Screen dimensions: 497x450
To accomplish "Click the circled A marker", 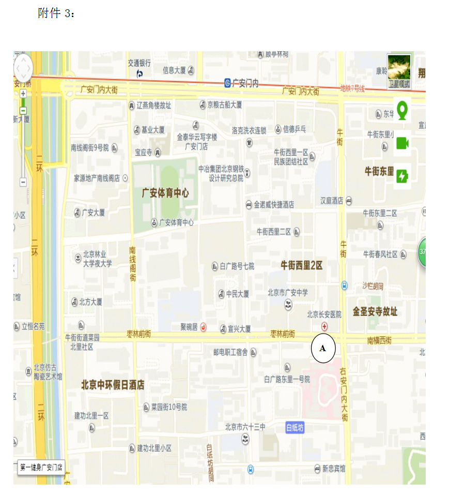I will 323,349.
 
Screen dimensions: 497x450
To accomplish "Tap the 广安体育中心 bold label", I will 165,193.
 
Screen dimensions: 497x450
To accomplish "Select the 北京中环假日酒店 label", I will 113,385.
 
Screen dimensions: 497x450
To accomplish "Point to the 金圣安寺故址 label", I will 375,311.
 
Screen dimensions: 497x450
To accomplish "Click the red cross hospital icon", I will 324,326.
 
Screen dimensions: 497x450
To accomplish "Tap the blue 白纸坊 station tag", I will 295,428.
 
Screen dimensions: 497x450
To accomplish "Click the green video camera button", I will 402,144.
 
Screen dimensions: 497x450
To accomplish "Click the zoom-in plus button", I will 23,94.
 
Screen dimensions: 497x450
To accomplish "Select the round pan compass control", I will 23,67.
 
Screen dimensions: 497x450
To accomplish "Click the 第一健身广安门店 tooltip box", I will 41,468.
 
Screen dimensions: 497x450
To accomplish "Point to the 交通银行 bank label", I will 139,63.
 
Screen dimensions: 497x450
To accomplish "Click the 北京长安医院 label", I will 324,314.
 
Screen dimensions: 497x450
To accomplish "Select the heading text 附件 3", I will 56,13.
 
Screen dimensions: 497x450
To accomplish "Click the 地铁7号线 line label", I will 352,89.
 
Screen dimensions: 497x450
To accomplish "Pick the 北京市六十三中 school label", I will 245,427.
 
